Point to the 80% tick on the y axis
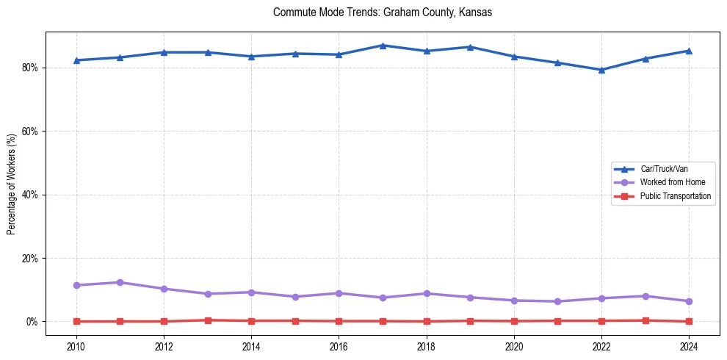coord(33,68)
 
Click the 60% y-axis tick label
coord(33,132)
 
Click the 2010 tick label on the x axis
coord(76,345)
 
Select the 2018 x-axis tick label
coord(426,345)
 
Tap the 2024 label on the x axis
coord(689,345)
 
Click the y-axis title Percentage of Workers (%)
coord(12,184)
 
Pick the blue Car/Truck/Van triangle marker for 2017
coord(383,46)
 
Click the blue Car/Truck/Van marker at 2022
coord(601,70)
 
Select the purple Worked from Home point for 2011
coord(120,282)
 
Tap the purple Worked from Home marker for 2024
coord(689,301)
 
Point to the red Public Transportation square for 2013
coord(208,320)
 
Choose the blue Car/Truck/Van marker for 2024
coord(689,51)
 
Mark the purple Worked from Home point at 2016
coord(339,293)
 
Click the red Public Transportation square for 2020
coord(514,321)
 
